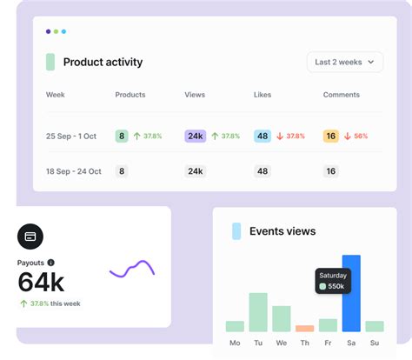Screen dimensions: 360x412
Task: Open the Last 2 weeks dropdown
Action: [345, 62]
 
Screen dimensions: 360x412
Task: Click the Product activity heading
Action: [103, 63]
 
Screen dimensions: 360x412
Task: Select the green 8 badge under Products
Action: [122, 137]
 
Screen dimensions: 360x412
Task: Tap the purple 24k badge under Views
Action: [195, 137]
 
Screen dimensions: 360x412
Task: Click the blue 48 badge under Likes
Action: [262, 137]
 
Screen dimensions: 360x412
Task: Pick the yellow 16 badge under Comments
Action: [330, 137]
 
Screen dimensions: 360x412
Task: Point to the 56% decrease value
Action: [361, 137]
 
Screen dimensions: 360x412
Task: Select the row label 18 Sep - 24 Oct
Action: [74, 172]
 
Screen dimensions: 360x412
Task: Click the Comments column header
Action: [341, 95]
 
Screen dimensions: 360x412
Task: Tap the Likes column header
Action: [262, 95]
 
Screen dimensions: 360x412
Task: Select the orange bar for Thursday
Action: [304, 329]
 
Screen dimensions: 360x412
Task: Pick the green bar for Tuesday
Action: [258, 312]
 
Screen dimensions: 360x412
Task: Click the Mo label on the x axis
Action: [235, 343]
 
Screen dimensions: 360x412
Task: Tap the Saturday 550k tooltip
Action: [332, 280]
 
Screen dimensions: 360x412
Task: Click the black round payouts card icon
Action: [30, 236]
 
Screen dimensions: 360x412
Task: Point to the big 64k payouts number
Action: [41, 283]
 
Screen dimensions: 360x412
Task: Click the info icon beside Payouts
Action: [50, 263]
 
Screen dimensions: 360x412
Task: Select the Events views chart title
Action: [282, 231]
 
